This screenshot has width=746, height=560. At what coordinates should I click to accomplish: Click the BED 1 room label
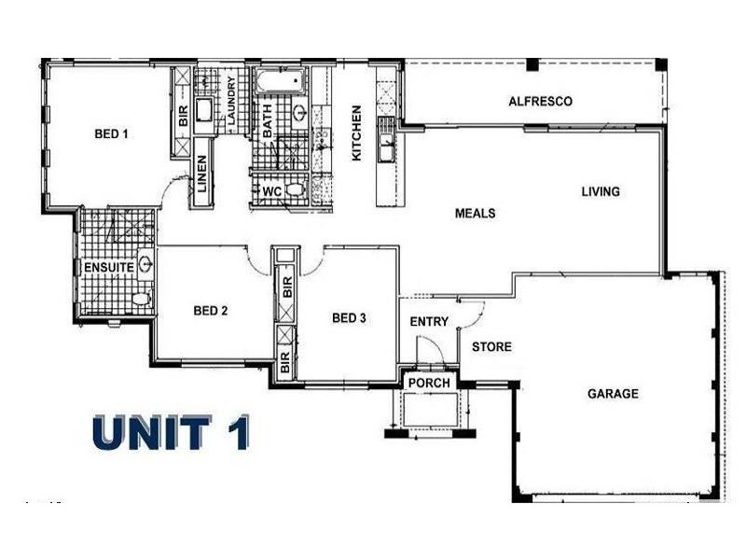pyautogui.click(x=111, y=134)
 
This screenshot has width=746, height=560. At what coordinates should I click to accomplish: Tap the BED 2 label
pyautogui.click(x=210, y=311)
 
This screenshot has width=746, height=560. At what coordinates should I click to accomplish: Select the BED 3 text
pyautogui.click(x=348, y=318)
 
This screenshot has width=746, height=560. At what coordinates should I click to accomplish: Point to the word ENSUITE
pyautogui.click(x=105, y=268)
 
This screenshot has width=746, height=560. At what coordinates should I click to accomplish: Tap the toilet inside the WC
pyautogui.click(x=295, y=190)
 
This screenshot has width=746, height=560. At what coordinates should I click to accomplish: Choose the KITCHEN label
pyautogui.click(x=356, y=133)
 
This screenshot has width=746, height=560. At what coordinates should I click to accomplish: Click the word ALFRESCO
pyautogui.click(x=540, y=101)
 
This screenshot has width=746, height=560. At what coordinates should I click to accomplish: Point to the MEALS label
pyautogui.click(x=475, y=213)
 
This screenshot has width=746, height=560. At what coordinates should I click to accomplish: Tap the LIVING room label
pyautogui.click(x=601, y=192)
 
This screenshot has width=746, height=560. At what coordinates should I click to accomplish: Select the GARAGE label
pyautogui.click(x=613, y=394)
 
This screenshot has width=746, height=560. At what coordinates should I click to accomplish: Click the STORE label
pyautogui.click(x=491, y=347)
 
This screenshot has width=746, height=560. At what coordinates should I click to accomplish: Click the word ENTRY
pyautogui.click(x=429, y=322)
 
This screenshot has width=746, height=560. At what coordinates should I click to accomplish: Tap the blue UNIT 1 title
pyautogui.click(x=171, y=433)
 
